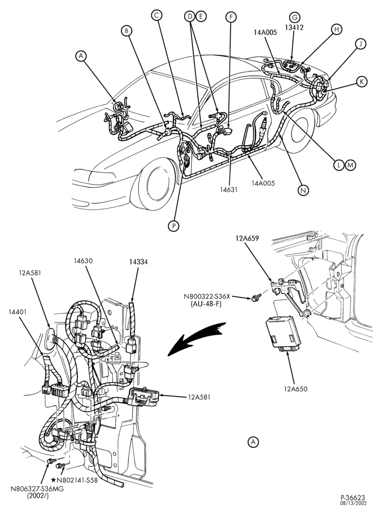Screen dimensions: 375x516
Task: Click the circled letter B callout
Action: pyautogui.click(x=126, y=31)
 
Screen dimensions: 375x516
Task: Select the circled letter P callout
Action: pyautogui.click(x=174, y=225)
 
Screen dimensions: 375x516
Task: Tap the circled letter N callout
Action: pyautogui.click(x=303, y=190)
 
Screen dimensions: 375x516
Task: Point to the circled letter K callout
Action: pyautogui.click(x=362, y=82)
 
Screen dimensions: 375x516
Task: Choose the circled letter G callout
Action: pyautogui.click(x=294, y=17)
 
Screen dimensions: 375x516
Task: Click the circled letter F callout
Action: pyautogui.click(x=231, y=17)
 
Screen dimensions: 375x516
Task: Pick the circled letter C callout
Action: pyautogui.click(x=157, y=15)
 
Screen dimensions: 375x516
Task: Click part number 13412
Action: pyautogui.click(x=294, y=28)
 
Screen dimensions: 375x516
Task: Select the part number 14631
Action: pyautogui.click(x=229, y=189)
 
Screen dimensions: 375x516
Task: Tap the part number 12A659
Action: pyautogui.click(x=247, y=238)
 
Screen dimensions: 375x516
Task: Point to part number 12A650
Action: pyautogui.click(x=296, y=389)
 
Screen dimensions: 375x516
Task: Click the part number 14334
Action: pyautogui.click(x=138, y=262)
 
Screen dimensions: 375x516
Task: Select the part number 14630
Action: pyautogui.click(x=83, y=261)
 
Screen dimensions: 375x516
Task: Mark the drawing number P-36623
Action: pyautogui.click(x=353, y=497)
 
